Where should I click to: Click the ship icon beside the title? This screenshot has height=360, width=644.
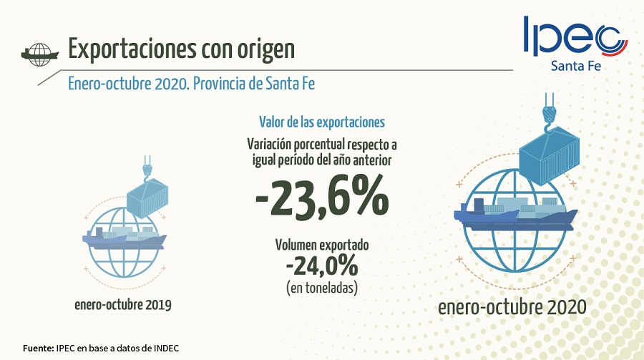[40, 52]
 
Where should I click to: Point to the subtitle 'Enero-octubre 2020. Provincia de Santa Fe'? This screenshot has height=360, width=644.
[191, 83]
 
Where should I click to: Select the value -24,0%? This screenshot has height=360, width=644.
[321, 266]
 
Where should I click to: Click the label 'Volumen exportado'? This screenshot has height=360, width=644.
[322, 245]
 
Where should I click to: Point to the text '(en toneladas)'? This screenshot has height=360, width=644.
[322, 288]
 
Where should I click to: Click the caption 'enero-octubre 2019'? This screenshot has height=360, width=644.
[123, 305]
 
